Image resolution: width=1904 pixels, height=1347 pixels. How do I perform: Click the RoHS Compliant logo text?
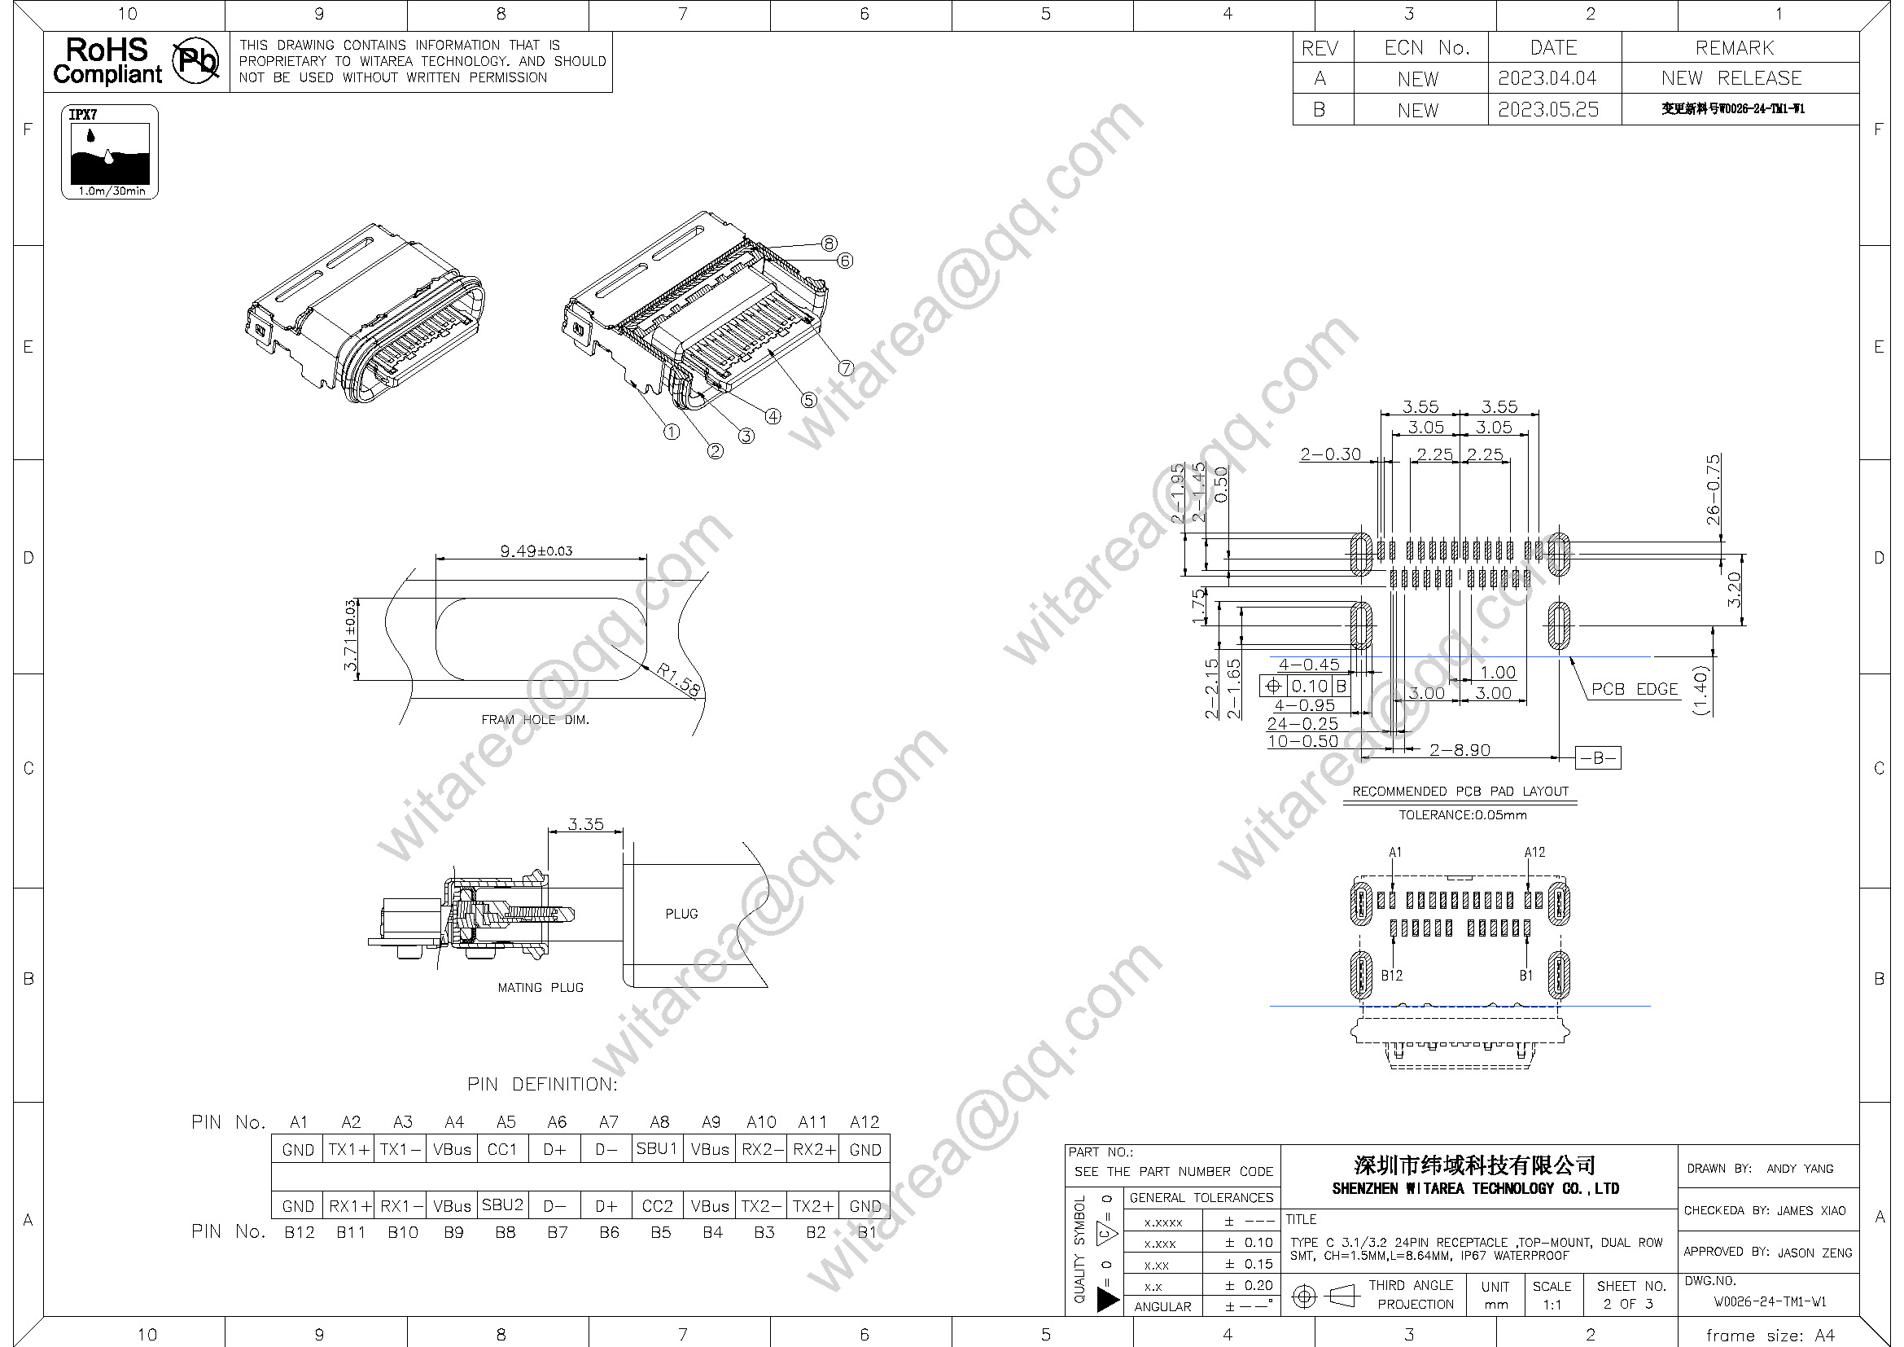[x=107, y=61]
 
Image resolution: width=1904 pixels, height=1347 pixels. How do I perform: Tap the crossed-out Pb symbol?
[x=195, y=61]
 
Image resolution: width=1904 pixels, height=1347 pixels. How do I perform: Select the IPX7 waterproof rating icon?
[x=109, y=151]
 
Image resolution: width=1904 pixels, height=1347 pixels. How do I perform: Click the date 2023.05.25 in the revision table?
[x=1547, y=109]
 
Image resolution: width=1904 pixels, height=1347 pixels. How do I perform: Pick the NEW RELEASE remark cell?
[x=1731, y=78]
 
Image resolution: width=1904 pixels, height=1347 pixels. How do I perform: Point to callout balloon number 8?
[x=829, y=243]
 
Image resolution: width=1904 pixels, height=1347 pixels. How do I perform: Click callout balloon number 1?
[x=672, y=432]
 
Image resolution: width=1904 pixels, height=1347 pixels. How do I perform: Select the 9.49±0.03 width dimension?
[x=536, y=551]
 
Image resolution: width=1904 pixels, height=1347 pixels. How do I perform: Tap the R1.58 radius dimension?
[x=678, y=679]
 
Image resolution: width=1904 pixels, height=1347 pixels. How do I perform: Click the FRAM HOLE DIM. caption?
[x=535, y=720]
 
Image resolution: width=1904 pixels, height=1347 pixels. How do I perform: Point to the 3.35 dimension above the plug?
[x=585, y=824]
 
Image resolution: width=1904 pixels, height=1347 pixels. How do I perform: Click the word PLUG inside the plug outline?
[x=681, y=914]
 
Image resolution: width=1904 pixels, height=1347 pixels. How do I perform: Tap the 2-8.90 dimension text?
[x=1460, y=750]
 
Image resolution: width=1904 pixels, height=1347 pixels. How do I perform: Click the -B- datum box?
[x=1597, y=757]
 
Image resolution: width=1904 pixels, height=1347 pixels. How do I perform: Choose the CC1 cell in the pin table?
[x=502, y=1150]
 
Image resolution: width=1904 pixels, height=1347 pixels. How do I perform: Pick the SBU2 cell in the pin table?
[x=502, y=1205]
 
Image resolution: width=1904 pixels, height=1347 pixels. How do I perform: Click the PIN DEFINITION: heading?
[x=542, y=1084]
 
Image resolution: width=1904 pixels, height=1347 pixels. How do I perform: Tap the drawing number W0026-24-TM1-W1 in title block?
[x=1770, y=1301]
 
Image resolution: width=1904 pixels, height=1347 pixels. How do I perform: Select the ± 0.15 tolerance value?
[x=1248, y=1264]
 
